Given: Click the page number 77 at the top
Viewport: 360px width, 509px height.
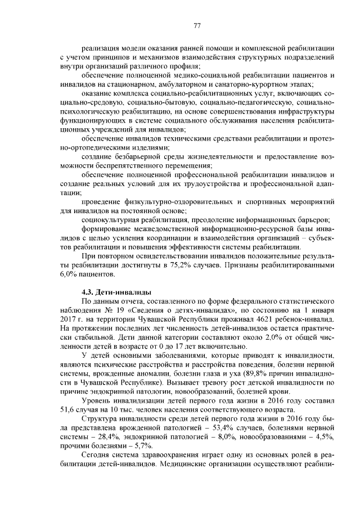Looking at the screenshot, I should click(197, 25).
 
